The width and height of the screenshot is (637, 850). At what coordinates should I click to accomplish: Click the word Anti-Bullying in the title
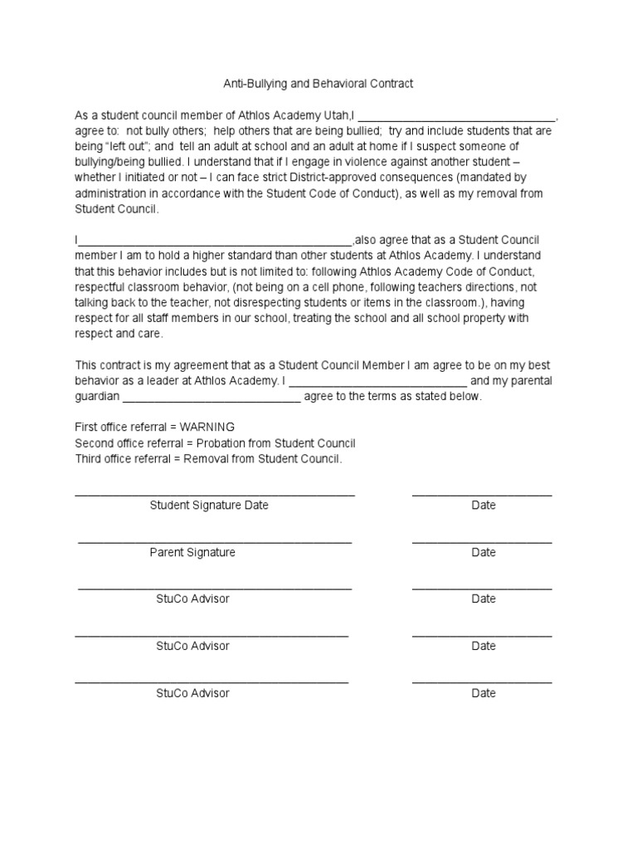click(x=255, y=84)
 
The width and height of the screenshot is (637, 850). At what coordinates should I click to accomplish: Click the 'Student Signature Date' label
click(x=209, y=505)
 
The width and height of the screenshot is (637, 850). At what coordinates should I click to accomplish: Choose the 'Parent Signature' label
click(x=192, y=552)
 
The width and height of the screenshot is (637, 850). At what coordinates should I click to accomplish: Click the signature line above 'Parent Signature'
click(x=215, y=542)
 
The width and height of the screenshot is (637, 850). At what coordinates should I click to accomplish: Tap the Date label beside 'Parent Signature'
click(x=484, y=552)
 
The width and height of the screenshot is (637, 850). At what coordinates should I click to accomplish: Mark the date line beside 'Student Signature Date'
click(x=482, y=495)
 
